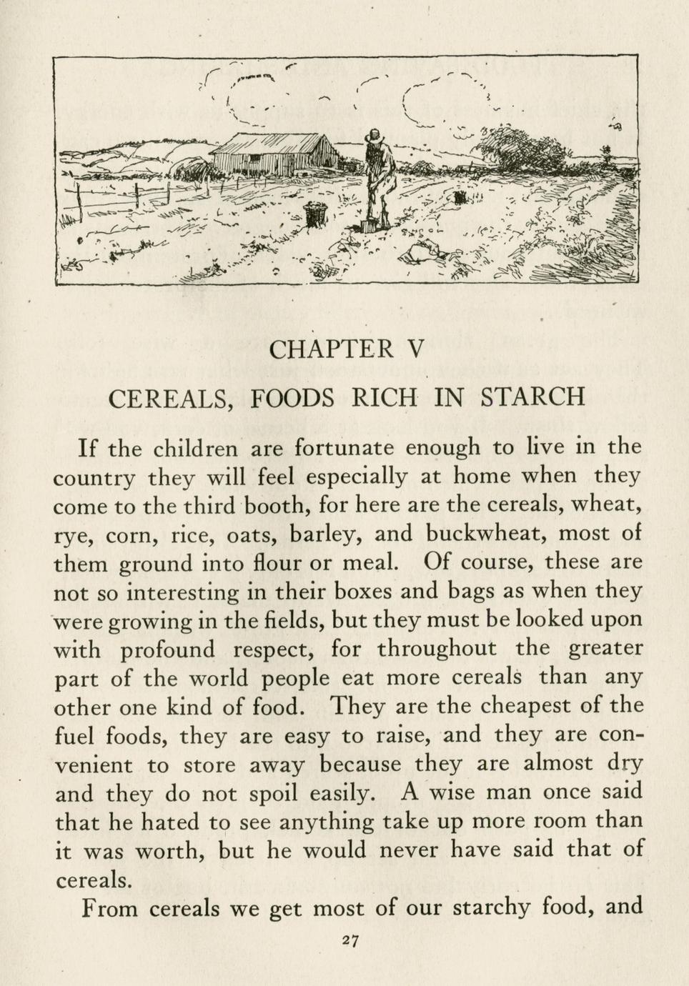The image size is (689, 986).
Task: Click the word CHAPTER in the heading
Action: pyautogui.click(x=332, y=349)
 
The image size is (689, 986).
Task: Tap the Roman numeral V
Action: pyautogui.click(x=415, y=349)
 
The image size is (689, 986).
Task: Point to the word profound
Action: pyautogui.click(x=167, y=650)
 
